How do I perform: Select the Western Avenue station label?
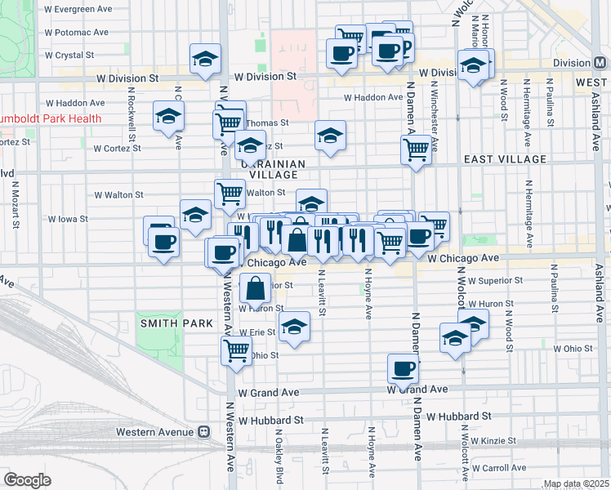[154, 432]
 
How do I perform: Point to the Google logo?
[27, 480]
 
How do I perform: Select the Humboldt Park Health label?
[51, 118]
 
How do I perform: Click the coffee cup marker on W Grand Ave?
[403, 369]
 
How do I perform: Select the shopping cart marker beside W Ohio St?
[236, 351]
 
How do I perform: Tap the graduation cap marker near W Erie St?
[295, 327]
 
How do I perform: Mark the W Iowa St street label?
[68, 220]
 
